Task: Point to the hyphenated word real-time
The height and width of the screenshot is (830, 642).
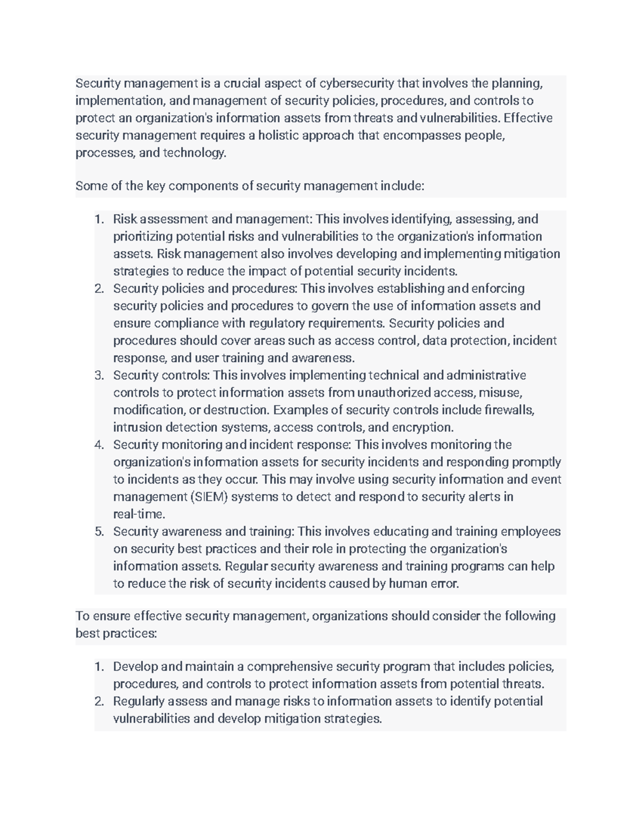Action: point(139,514)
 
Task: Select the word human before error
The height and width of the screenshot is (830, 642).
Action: point(408,584)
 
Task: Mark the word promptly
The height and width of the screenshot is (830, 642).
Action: point(537,462)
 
